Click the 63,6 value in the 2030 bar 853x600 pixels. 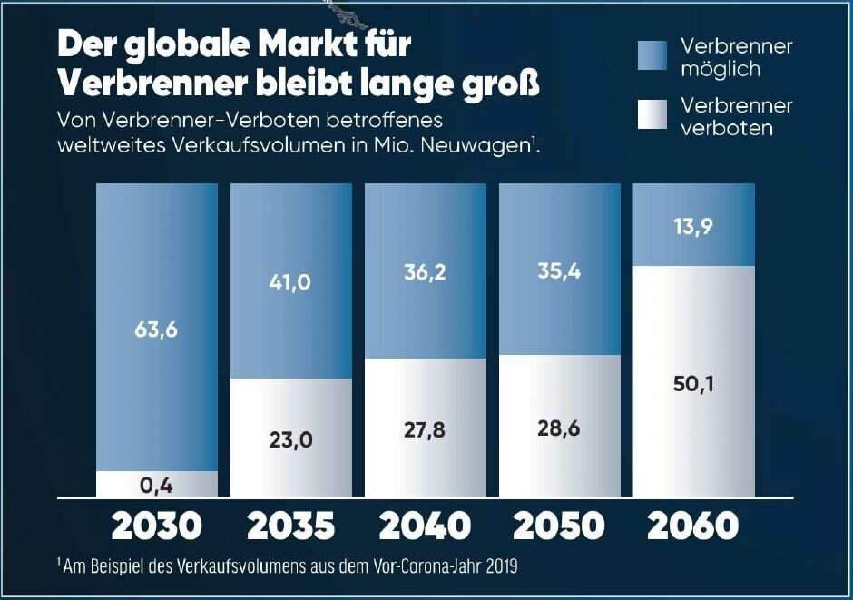tap(157, 329)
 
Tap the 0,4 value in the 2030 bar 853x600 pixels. tap(157, 486)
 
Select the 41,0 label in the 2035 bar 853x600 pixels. tap(291, 282)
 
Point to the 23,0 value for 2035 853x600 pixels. tap(291, 440)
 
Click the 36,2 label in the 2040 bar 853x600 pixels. tap(426, 271)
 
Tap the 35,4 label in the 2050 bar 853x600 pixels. tap(560, 270)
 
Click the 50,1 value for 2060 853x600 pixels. tap(694, 384)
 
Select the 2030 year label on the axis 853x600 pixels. tap(157, 526)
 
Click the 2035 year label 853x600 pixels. tap(291, 526)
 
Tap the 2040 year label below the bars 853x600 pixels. tap(426, 526)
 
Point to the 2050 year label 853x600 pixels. tap(560, 526)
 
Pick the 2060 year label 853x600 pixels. tap(694, 526)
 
